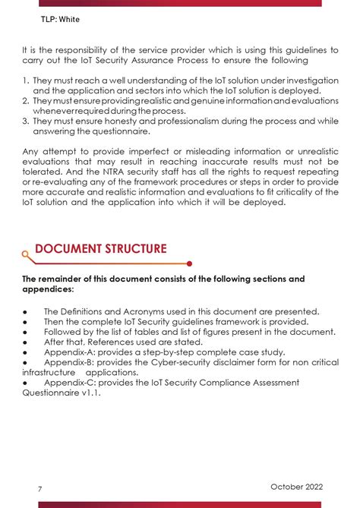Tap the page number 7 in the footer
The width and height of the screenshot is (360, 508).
[x=40, y=489]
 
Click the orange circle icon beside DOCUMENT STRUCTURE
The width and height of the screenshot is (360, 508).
[x=26, y=256]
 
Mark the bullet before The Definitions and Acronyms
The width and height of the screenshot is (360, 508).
[x=25, y=311]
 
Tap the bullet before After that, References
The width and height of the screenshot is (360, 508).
[x=25, y=342]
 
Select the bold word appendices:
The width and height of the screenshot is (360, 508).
[x=49, y=289]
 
